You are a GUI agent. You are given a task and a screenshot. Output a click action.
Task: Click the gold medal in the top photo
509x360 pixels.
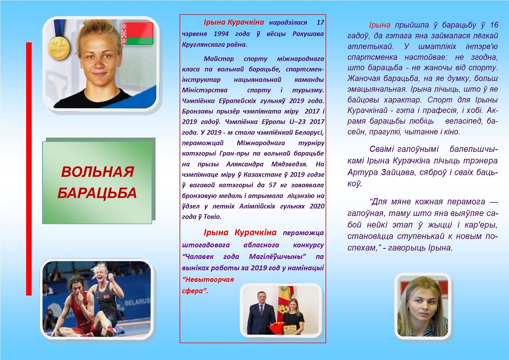(x=59, y=48)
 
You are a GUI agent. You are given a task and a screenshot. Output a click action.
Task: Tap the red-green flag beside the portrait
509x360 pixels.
(x=137, y=34)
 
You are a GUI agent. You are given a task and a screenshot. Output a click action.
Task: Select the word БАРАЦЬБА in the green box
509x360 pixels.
(x=97, y=193)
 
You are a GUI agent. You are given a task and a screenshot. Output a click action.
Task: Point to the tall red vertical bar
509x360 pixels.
(x=29, y=169)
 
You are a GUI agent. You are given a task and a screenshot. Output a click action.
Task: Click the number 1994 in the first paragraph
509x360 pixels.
(x=221, y=34)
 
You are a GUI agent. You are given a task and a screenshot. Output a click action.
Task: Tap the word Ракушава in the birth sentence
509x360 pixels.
(x=308, y=34)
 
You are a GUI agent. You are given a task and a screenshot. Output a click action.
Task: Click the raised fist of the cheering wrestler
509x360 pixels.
(x=110, y=277)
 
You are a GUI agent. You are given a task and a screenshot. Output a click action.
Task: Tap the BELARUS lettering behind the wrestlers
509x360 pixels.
(x=137, y=302)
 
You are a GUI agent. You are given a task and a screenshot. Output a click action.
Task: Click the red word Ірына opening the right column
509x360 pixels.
(x=380, y=25)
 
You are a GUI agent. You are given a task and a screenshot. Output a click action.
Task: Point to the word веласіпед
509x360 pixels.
(x=464, y=121)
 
